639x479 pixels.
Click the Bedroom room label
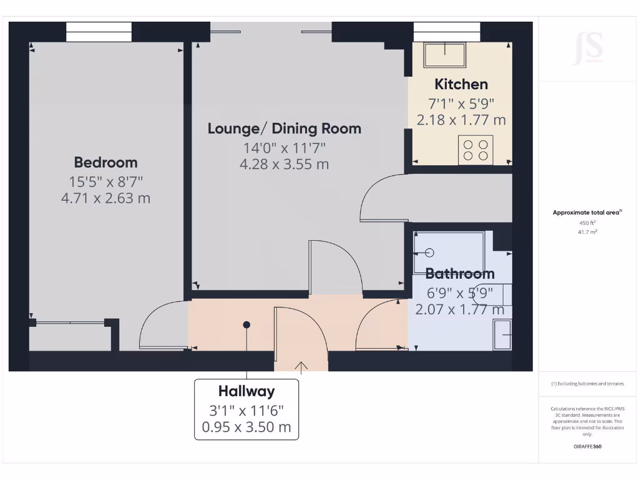105,163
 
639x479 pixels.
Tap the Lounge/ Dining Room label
284,129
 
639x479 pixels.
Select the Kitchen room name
461,84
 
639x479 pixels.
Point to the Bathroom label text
460,274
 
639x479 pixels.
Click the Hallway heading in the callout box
246,392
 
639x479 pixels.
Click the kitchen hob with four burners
476,150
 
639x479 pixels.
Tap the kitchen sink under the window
444,55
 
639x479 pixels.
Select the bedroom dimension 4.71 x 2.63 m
105,199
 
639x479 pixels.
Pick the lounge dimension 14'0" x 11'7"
284,148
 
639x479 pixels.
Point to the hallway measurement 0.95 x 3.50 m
246,428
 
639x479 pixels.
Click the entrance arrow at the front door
301,366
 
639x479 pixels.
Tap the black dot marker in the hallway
247,325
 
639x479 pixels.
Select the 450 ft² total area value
587,223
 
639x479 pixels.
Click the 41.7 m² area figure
587,232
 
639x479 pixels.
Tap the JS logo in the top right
588,49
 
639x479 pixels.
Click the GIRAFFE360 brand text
587,447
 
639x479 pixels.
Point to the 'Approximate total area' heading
587,213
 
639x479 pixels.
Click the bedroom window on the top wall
99,32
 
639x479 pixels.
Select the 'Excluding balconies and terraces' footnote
587,384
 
